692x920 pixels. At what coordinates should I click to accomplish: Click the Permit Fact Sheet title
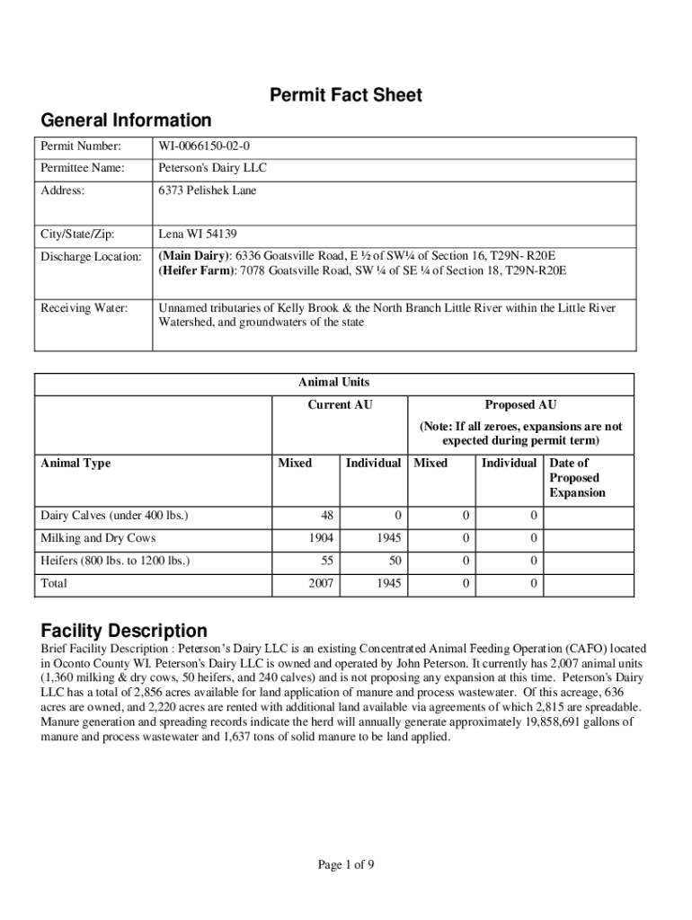(346, 95)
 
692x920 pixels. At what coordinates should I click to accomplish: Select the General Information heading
(126, 120)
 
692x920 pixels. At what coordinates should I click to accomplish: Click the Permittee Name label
(80, 168)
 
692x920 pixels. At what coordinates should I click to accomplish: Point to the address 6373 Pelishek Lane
(208, 190)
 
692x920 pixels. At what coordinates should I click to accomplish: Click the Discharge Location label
(91, 257)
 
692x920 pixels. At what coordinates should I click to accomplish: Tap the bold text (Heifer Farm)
(195, 270)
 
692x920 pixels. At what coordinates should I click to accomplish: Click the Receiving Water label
(84, 308)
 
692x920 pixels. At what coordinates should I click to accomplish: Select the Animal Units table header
(333, 382)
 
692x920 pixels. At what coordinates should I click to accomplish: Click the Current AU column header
(340, 405)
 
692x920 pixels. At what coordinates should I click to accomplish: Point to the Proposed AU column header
(520, 405)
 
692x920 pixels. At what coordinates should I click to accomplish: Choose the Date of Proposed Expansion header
(577, 478)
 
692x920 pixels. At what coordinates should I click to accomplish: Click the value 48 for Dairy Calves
(327, 516)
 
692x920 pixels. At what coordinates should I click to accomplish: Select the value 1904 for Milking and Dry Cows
(321, 538)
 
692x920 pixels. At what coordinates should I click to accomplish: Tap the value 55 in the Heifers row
(327, 561)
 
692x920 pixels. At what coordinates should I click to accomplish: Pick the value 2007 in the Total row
(321, 583)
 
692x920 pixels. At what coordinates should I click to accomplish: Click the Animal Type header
(76, 464)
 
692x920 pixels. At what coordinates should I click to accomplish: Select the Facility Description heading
(124, 631)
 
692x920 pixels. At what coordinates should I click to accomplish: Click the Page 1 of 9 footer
(346, 865)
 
